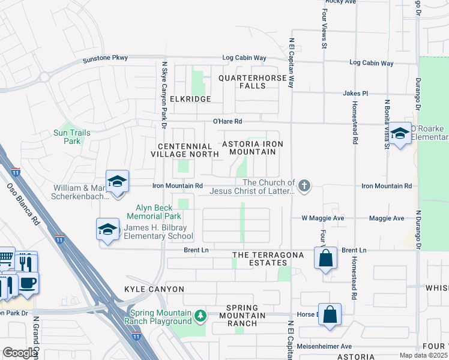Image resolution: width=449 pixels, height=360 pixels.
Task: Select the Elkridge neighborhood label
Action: pyautogui.click(x=190, y=98)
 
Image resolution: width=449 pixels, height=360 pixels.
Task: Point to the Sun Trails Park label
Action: pyautogui.click(x=67, y=137)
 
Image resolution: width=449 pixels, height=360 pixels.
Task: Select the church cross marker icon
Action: pyautogui.click(x=304, y=185)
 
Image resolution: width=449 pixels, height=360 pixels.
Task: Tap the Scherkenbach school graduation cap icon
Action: pyautogui.click(x=118, y=181)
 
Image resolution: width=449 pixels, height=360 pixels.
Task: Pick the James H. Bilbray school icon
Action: pyautogui.click(x=108, y=229)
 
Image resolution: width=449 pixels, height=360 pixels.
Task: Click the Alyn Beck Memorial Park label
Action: pyautogui.click(x=154, y=212)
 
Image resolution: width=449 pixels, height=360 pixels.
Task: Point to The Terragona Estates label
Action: pyautogui.click(x=268, y=259)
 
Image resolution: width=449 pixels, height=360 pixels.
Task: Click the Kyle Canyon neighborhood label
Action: pyautogui.click(x=154, y=289)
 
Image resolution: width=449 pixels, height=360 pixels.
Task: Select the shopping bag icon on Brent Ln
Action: pyautogui.click(x=325, y=259)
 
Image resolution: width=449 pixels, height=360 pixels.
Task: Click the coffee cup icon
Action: pyautogui.click(x=28, y=282)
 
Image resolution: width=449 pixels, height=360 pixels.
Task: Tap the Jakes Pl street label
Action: pyautogui.click(x=355, y=94)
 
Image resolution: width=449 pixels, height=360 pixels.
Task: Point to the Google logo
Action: pyautogui.click(x=20, y=353)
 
